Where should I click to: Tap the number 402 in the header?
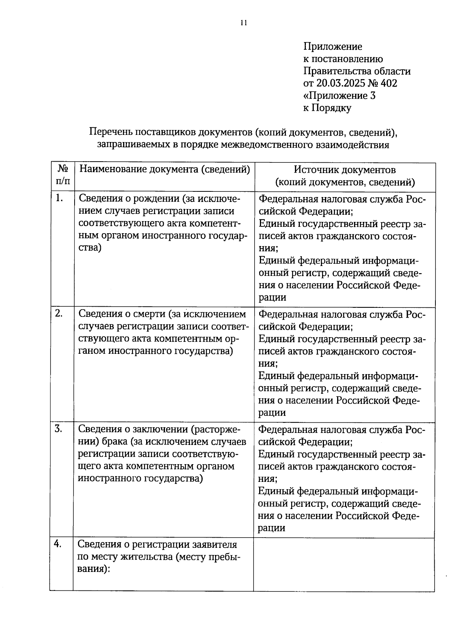[x=388, y=83]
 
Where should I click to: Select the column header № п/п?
[x=63, y=176]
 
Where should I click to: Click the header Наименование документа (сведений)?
[x=165, y=169]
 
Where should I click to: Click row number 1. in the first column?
[x=59, y=198]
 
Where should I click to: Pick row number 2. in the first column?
[x=59, y=313]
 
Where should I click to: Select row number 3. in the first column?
[x=59, y=429]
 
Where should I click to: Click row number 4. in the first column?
[x=59, y=544]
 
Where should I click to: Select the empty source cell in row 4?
[x=344, y=564]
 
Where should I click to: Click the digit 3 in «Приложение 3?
[x=372, y=96]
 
